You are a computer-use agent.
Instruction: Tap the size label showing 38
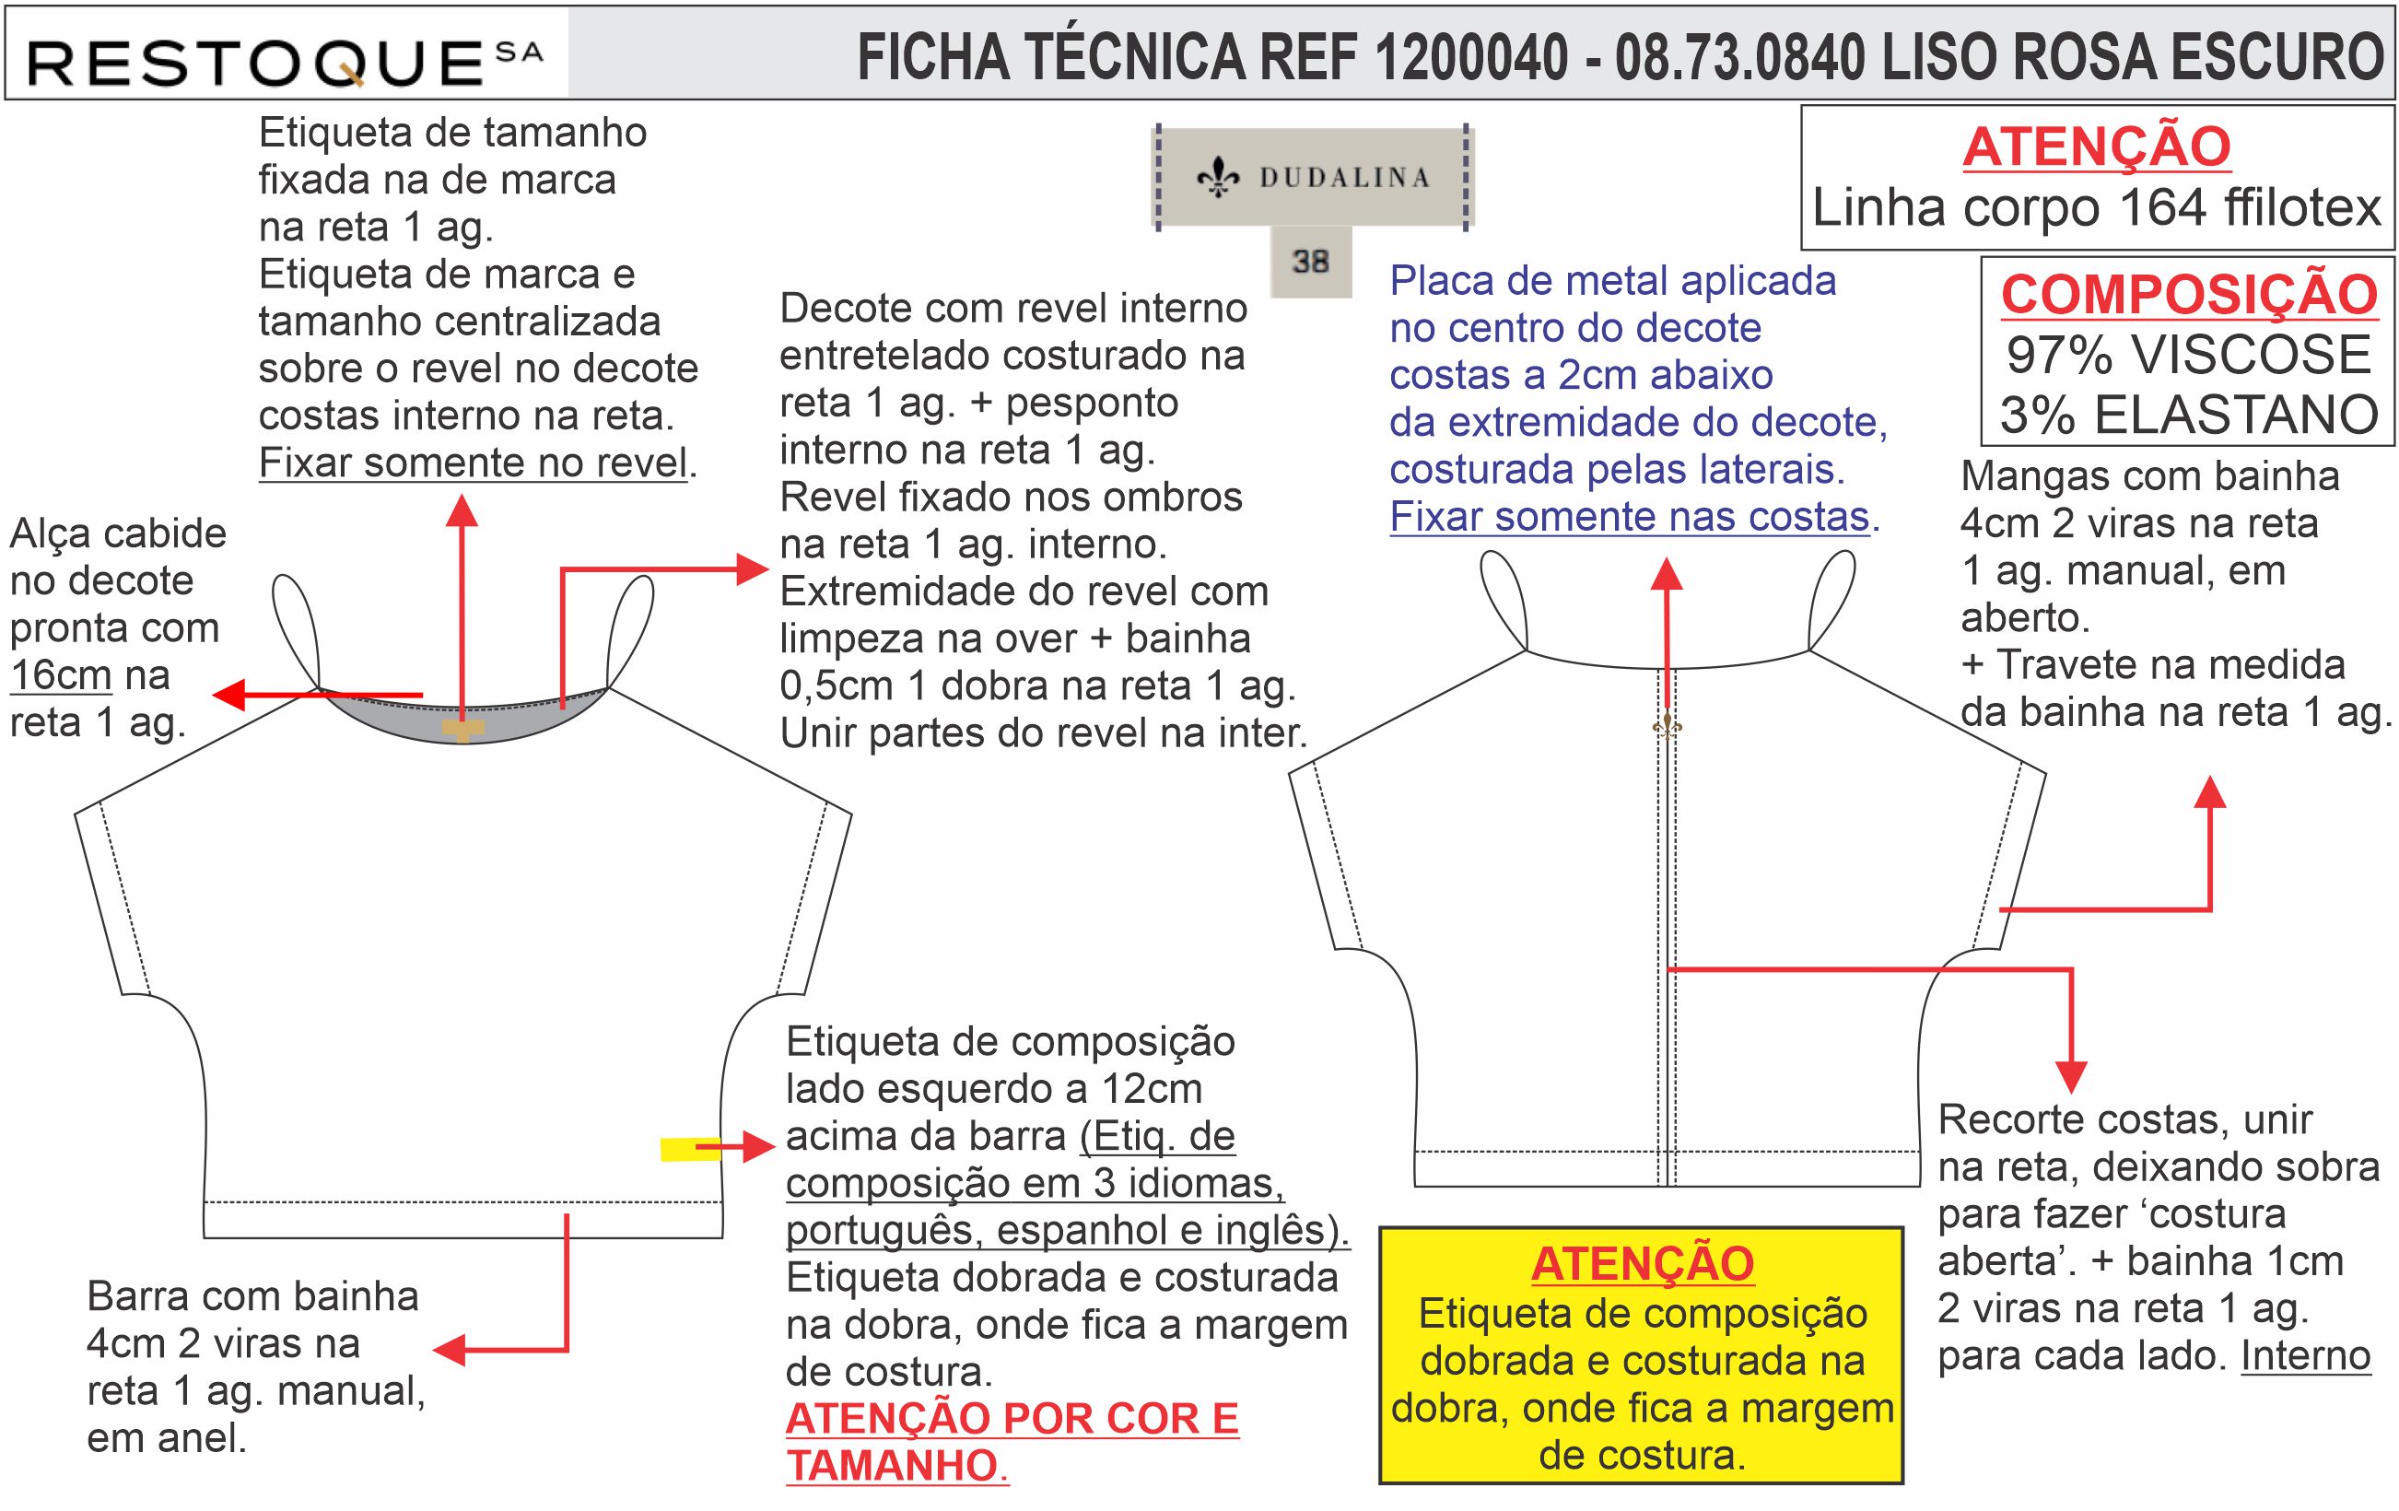(1310, 262)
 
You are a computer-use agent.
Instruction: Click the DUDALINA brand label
(1312, 177)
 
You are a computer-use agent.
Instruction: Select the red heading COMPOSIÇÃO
(2189, 295)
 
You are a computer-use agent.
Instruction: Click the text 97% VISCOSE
(2189, 355)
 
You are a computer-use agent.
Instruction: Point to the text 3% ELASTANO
(2189, 415)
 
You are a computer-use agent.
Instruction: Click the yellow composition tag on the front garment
(689, 1150)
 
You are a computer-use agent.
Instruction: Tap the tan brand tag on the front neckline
(462, 729)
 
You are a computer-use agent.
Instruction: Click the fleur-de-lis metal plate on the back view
(1667, 726)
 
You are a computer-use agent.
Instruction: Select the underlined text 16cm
(61, 675)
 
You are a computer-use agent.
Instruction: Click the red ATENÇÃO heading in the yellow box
(1642, 1264)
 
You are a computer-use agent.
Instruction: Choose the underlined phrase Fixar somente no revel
(474, 463)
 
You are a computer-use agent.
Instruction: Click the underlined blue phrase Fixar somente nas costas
(1629, 517)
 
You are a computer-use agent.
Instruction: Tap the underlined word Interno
(2305, 1355)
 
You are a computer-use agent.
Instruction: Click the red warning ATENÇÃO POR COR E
(1012, 1418)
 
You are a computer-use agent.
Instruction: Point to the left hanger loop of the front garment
(295, 627)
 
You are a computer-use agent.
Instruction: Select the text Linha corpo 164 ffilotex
(2096, 208)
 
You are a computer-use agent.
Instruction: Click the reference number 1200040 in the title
(1470, 57)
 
